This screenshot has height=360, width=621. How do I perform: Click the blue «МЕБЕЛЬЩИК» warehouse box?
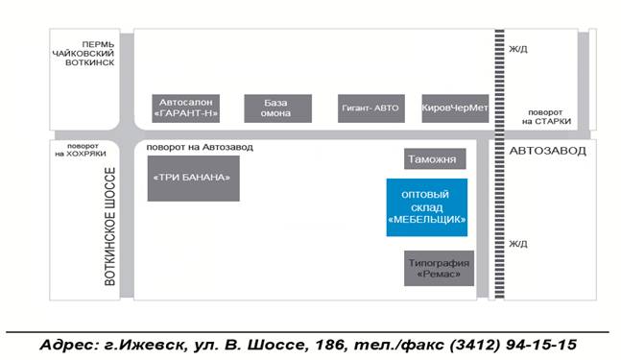pos(427,207)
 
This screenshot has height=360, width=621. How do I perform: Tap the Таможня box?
pos(435,158)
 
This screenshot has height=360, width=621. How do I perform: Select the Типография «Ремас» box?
pos(439,268)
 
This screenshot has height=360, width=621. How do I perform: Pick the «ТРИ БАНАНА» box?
pos(193,179)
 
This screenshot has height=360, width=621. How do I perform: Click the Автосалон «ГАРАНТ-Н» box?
pos(186,108)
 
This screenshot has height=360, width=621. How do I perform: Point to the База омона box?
pos(278,108)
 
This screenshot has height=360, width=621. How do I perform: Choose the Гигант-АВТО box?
pos(371,108)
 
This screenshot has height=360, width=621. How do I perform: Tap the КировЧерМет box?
pos(455,108)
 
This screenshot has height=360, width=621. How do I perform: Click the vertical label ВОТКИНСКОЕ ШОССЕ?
pos(109,227)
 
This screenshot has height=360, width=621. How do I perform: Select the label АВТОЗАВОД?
pos(547,151)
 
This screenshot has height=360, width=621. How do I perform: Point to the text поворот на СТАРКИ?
pos(546,117)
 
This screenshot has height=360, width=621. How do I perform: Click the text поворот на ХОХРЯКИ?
pos(81,150)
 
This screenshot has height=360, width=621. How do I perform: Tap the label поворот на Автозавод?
pos(200,147)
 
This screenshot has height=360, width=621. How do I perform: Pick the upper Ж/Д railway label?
pos(518,49)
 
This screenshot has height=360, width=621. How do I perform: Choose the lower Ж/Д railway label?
pos(518,244)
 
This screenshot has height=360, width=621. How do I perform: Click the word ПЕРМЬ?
pos(98,44)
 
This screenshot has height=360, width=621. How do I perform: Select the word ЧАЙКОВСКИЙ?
pos(84,54)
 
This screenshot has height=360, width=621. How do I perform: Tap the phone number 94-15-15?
pos(541,345)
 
